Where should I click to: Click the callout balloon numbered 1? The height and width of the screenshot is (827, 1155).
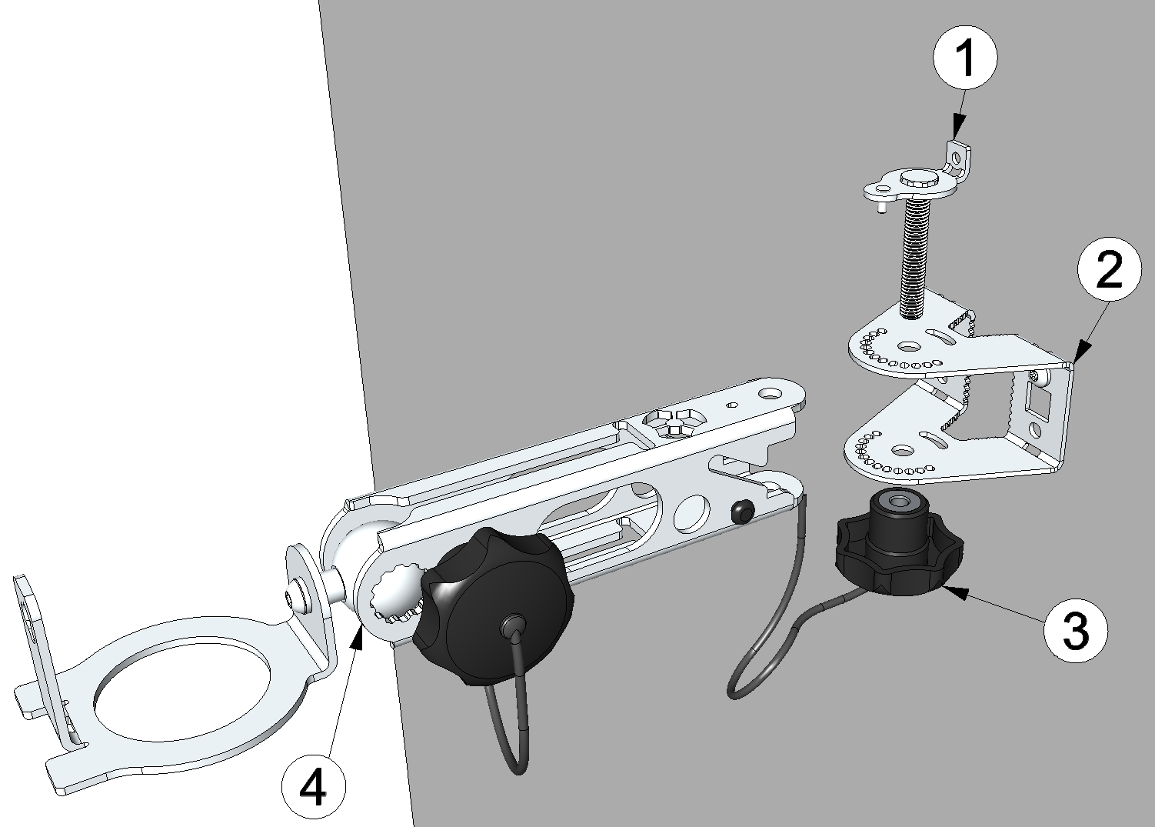pyautogui.click(x=965, y=58)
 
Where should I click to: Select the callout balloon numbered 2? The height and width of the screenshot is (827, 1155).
pyautogui.click(x=1109, y=268)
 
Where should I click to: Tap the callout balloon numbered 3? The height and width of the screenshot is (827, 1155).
pyautogui.click(x=1075, y=630)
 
